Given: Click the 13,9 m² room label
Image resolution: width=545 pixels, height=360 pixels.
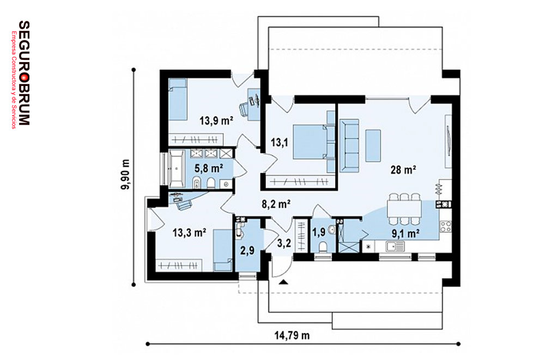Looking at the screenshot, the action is point(216,121).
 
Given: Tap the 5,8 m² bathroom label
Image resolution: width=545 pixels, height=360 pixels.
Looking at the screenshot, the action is point(209,168).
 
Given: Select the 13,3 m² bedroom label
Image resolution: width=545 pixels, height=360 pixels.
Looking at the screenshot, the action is point(190,233).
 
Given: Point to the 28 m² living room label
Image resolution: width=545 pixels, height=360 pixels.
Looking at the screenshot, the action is point(403,170).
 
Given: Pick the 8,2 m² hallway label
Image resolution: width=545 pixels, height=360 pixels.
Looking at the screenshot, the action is point(276,204).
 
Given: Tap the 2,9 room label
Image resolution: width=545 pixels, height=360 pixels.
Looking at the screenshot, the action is point(247,250).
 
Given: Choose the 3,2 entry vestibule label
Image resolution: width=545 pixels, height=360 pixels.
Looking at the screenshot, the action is point(284,243).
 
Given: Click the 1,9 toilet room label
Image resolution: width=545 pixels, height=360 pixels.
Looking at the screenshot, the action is point(319,232).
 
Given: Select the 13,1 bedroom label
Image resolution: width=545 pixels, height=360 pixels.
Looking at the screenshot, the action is point(280,142).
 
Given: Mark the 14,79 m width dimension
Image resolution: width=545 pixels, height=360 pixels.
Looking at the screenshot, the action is point(292,335).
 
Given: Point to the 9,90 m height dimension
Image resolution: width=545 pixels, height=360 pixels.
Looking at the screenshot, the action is point(125,174).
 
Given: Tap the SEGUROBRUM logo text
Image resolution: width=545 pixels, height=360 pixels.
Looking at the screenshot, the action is point(24,72).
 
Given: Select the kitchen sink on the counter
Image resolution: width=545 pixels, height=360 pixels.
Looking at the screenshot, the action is point(395,246).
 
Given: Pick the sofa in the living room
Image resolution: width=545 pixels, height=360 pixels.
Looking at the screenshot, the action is point(349,145).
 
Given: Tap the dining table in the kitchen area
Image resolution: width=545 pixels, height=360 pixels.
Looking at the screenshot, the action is point(404,209).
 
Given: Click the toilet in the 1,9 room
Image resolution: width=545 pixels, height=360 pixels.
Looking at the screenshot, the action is point(323,247).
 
